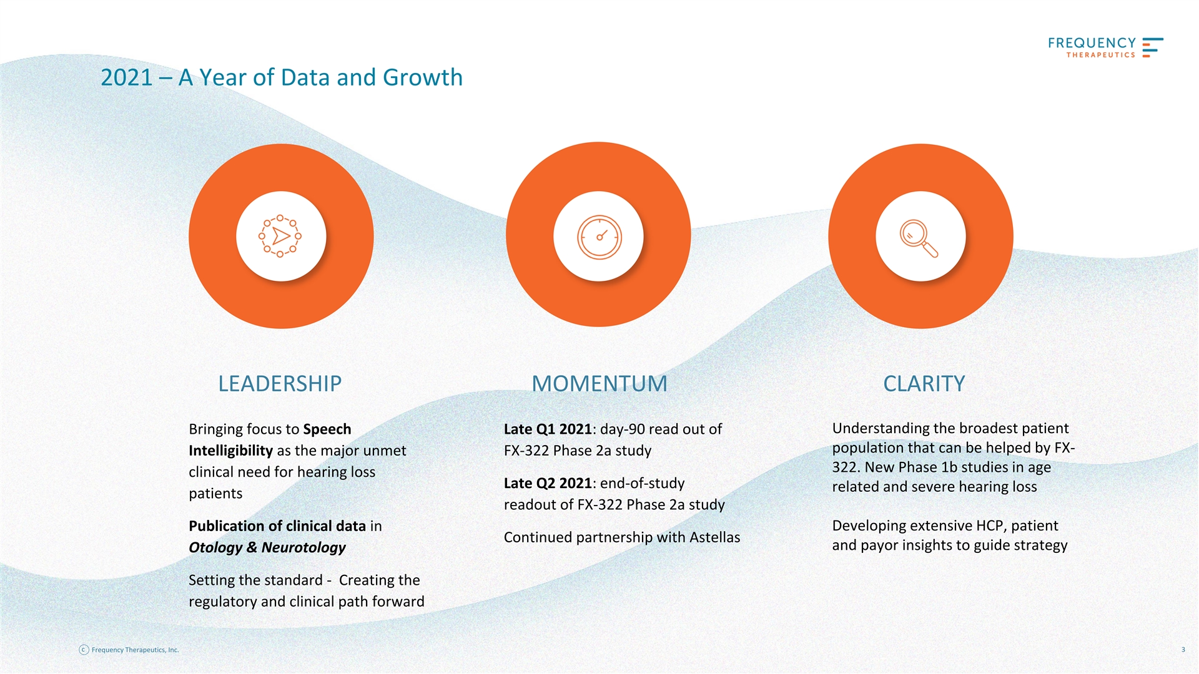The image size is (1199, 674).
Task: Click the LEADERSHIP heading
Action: pos(280,383)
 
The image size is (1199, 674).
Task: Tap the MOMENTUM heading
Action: pos(599,383)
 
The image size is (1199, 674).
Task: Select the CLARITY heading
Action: pos(924,383)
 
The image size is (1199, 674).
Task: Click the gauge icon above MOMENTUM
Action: pos(599,237)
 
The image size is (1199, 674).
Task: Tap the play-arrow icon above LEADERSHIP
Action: pos(280,236)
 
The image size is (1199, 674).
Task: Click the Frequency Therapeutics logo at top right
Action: pos(1105,47)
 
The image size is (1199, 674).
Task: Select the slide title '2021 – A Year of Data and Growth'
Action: pos(282,77)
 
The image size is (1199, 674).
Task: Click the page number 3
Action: pos(1183,650)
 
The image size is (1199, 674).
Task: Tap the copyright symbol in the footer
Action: pos(84,650)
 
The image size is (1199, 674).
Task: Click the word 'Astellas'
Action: pos(714,537)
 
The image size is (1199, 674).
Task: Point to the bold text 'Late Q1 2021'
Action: pos(548,429)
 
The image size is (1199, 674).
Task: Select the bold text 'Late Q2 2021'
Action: pos(548,484)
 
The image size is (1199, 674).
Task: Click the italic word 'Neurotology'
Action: pos(303,548)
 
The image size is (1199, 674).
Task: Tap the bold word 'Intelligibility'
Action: pos(230,451)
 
